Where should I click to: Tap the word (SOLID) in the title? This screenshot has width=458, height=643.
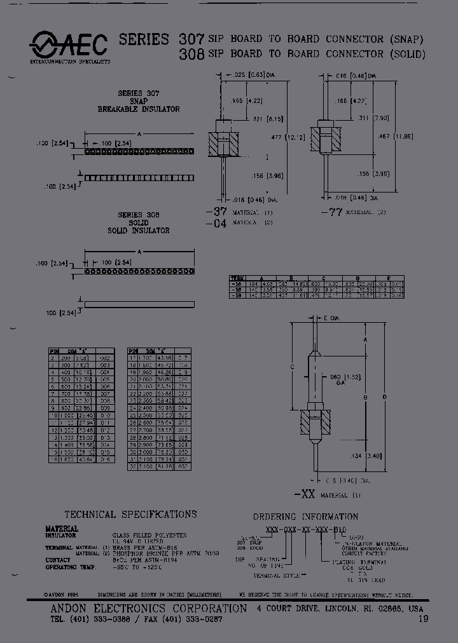[408, 55]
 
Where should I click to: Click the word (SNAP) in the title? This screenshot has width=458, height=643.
[406, 39]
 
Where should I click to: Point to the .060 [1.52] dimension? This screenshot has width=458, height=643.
[337, 380]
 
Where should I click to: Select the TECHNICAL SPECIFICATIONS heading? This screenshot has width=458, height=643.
[130, 514]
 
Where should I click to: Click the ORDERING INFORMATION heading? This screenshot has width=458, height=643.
[305, 517]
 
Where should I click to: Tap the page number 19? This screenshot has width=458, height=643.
[422, 618]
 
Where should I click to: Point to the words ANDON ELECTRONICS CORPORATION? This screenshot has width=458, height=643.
[148, 608]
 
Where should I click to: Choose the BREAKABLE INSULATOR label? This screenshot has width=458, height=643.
[138, 109]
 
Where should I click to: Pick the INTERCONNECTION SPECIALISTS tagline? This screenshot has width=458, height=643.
[70, 62]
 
